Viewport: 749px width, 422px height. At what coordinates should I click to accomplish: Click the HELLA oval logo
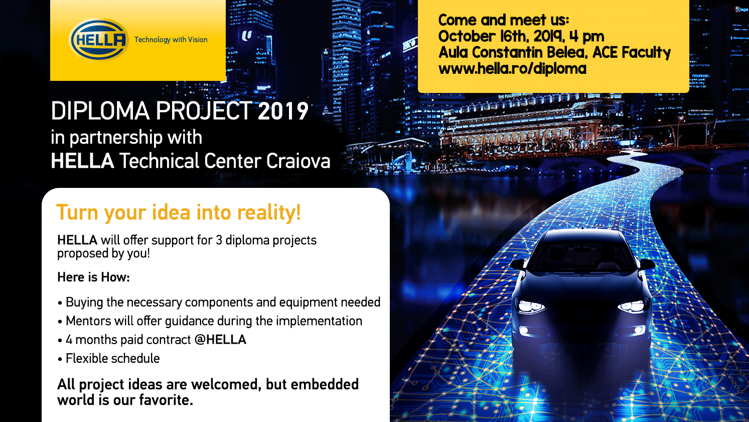point(99,40)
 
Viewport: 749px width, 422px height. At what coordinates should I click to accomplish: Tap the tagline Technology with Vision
point(171,40)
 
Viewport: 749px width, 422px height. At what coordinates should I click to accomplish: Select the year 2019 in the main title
point(283,111)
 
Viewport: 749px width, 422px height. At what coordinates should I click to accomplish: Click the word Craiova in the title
point(298,161)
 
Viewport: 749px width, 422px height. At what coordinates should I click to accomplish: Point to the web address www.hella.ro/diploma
point(512,68)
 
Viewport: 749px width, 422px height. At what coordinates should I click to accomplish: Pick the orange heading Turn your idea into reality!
point(179,213)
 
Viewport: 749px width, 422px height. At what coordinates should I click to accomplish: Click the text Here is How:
point(93,277)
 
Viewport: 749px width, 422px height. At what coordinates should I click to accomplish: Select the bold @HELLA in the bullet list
point(220,340)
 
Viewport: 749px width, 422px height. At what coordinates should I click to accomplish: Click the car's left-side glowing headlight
point(531,306)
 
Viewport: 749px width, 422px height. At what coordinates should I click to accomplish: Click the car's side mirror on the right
point(647,264)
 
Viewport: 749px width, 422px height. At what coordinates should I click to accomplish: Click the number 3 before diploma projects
point(219,241)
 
